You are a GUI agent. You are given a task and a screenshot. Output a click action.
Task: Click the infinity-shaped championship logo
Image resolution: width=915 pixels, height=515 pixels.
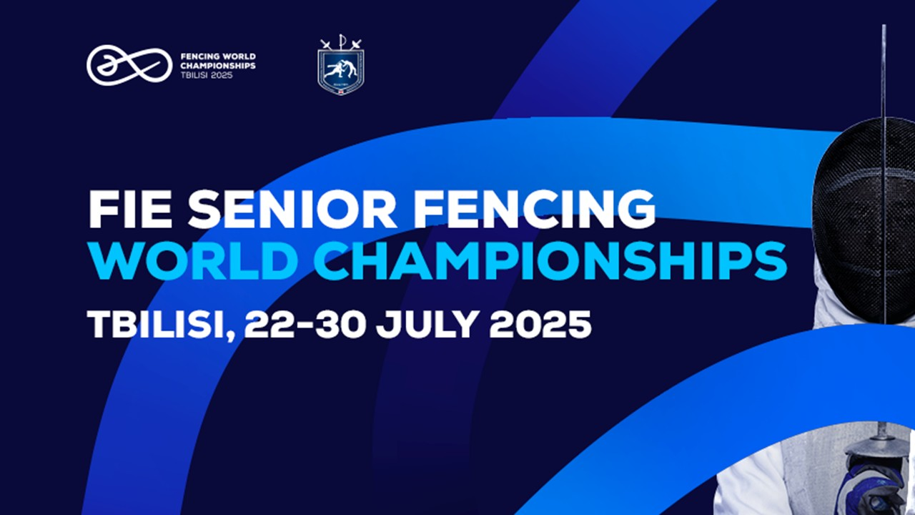click(x=129, y=65)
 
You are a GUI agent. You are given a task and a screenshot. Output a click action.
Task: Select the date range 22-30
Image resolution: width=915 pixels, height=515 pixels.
click(x=305, y=324)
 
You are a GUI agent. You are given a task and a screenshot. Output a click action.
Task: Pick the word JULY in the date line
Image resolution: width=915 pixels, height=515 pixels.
click(x=427, y=324)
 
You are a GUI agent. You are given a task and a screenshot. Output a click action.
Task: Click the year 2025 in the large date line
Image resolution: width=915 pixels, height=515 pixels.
click(x=540, y=324)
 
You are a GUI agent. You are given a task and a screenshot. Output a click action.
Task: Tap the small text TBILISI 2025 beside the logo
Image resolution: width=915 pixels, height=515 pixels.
click(x=207, y=75)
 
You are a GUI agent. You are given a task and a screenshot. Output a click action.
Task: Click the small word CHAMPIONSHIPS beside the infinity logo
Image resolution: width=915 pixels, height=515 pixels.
click(x=218, y=65)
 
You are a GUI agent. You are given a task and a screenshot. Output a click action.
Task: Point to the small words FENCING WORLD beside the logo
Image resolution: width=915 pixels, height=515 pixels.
click(x=218, y=56)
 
